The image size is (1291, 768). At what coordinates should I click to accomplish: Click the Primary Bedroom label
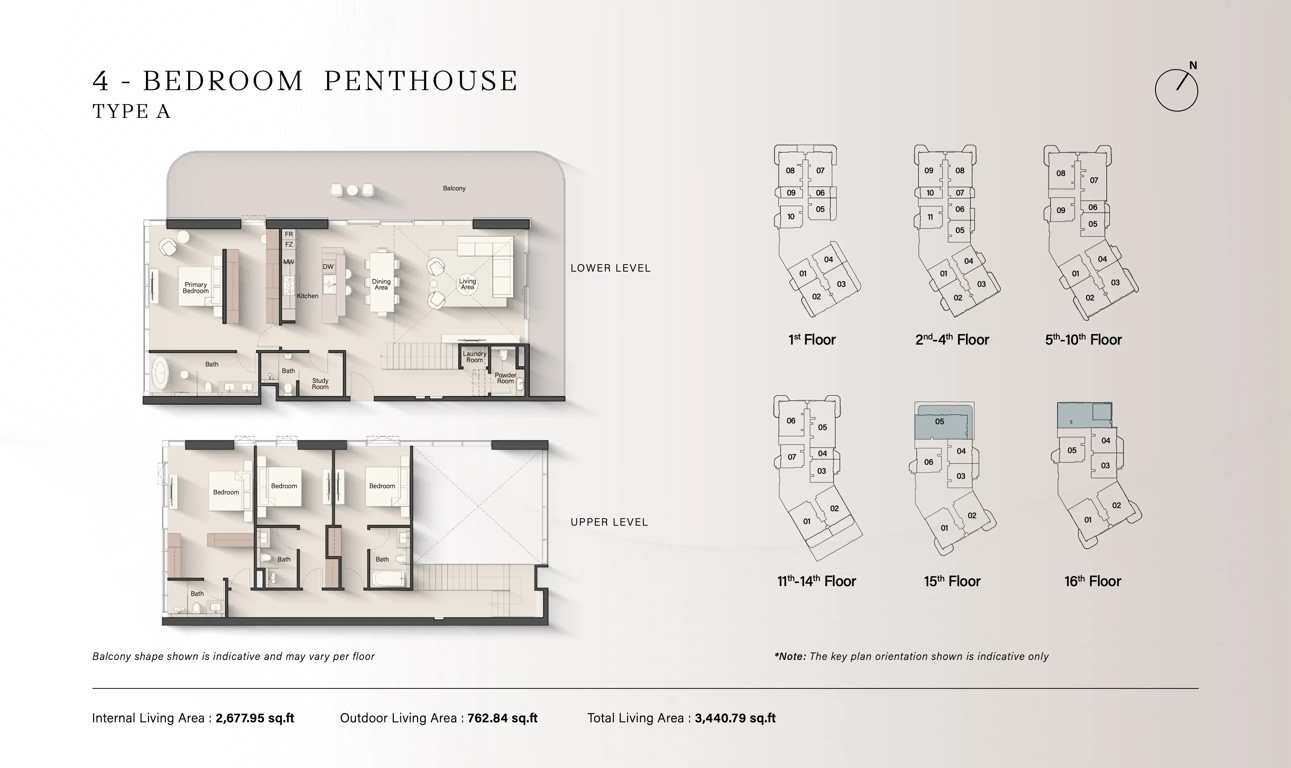[196, 288]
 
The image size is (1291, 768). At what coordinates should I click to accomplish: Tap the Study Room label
[320, 384]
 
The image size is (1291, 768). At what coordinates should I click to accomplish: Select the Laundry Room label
[475, 357]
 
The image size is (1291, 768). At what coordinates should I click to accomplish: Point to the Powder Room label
[505, 378]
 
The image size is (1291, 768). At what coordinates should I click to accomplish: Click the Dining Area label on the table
[381, 284]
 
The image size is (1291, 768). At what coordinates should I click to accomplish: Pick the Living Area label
[467, 284]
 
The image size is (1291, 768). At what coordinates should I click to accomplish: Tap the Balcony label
[454, 188]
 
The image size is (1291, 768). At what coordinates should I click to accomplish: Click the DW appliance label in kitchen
[328, 267]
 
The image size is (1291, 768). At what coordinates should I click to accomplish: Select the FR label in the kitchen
[289, 235]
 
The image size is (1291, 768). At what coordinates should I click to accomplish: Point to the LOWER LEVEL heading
[610, 268]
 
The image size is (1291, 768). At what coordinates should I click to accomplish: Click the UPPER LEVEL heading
[609, 522]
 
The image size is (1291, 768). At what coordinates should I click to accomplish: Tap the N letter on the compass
[1193, 66]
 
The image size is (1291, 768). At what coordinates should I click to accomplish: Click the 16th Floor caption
[1092, 581]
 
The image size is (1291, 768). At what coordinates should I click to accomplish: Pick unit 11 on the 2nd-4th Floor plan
[930, 217]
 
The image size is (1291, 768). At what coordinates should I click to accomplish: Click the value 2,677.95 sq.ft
[255, 718]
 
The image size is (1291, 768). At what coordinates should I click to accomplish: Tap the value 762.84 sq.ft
[502, 718]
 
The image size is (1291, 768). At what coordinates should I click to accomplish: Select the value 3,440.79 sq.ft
[735, 718]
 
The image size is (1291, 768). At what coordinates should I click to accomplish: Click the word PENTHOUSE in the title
[421, 81]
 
